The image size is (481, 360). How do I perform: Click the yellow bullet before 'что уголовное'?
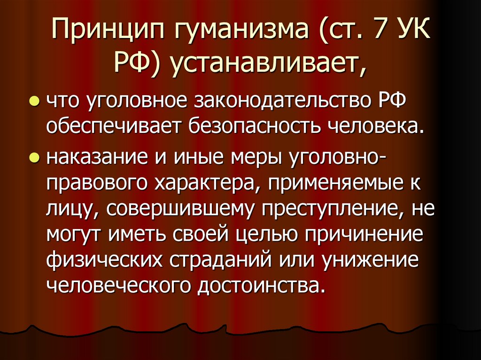[x=34, y=102]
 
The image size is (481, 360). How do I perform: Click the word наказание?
[x=94, y=158]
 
